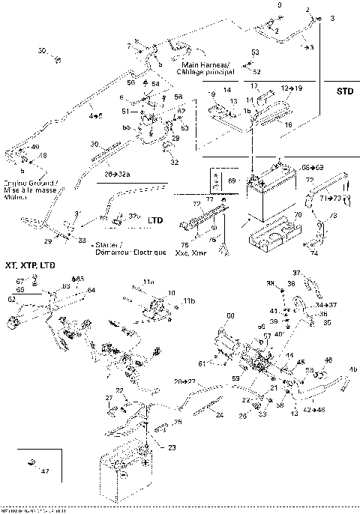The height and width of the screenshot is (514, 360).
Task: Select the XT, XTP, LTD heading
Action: (x=29, y=266)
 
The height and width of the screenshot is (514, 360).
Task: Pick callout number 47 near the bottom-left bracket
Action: (x=46, y=470)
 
